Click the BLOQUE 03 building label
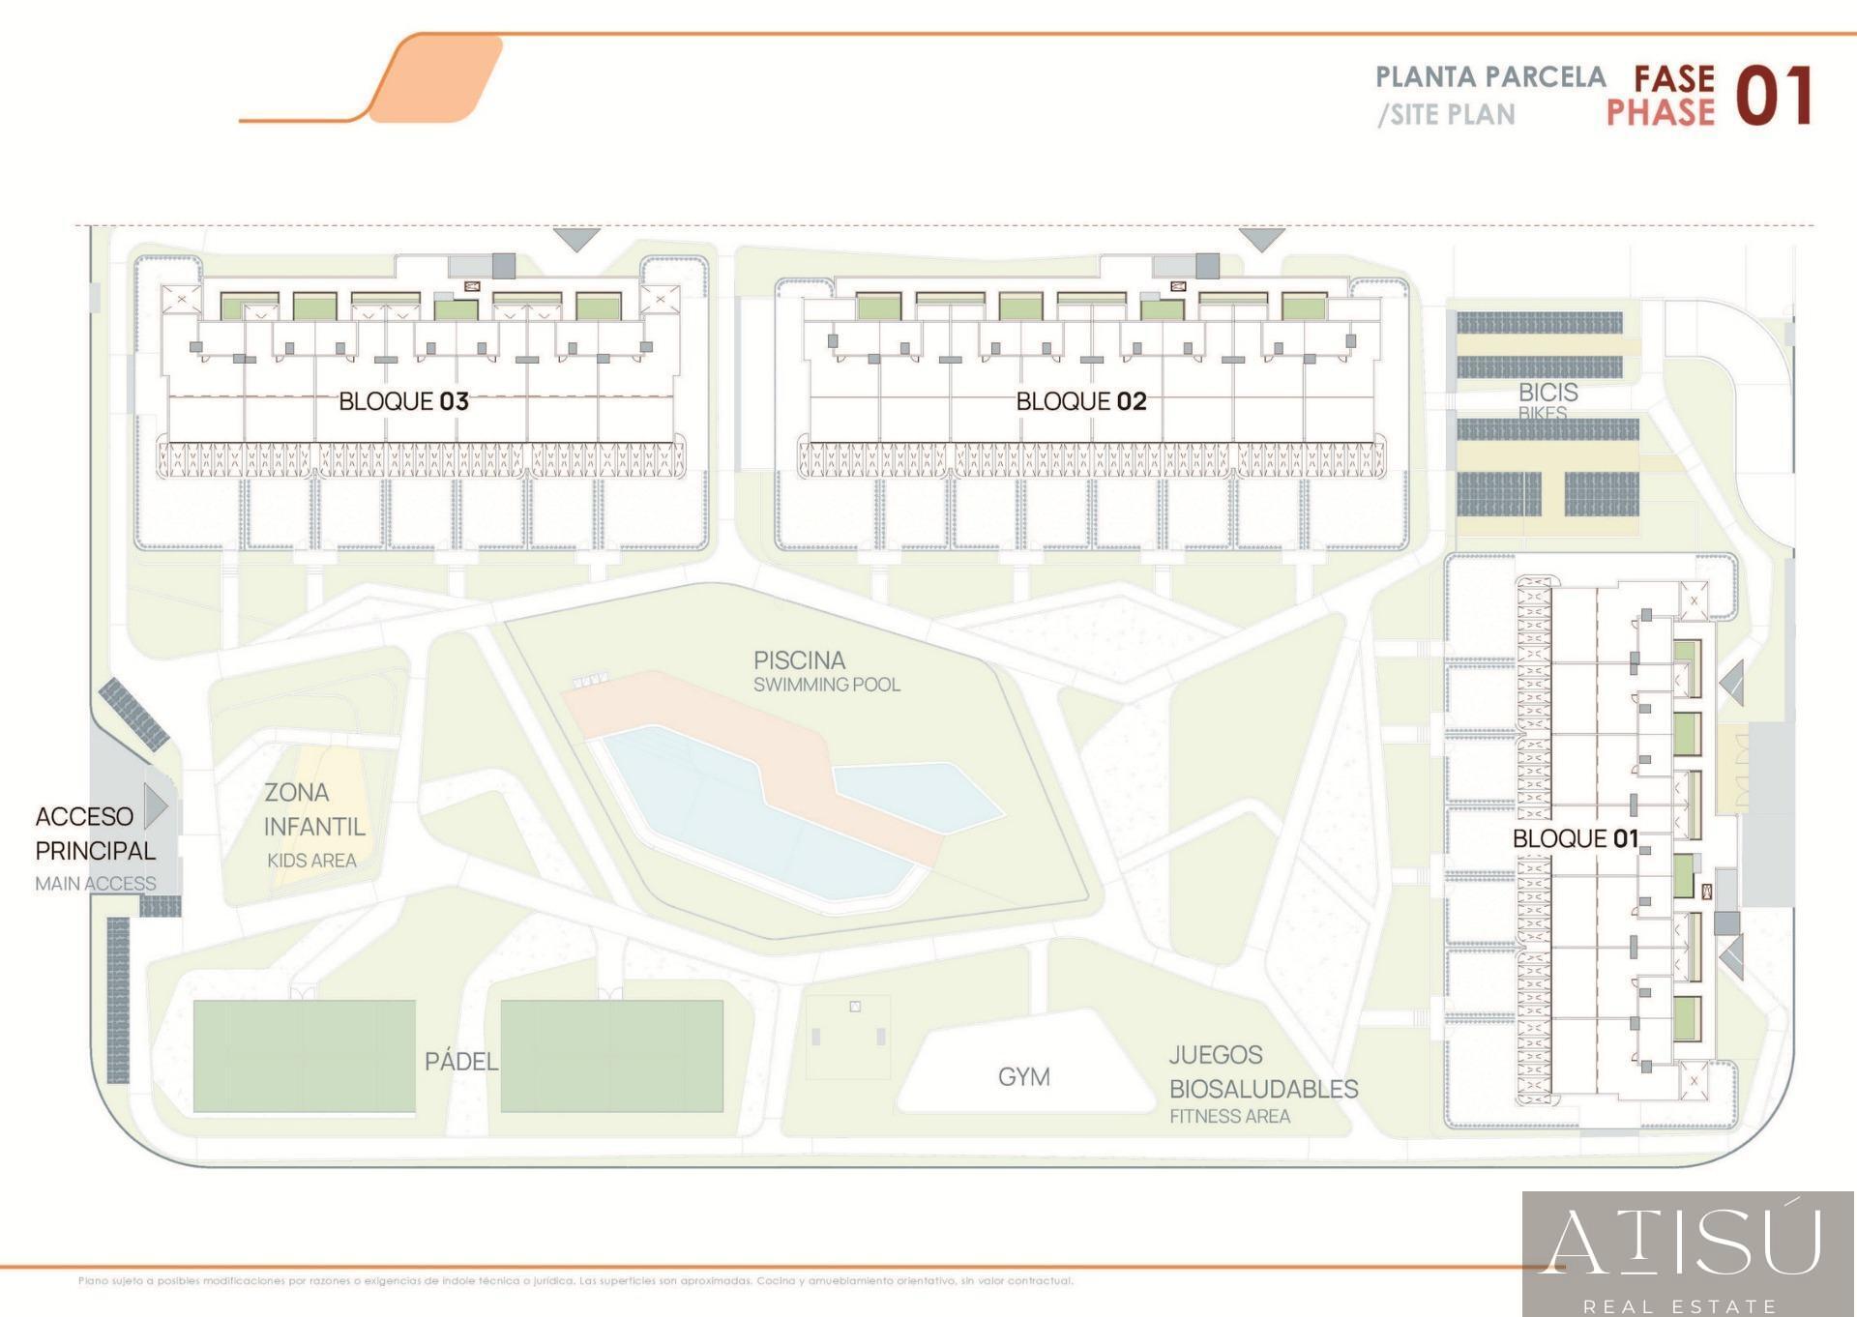(403, 401)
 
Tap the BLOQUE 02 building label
(1080, 401)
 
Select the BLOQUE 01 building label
(1575, 838)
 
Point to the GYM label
(1023, 1076)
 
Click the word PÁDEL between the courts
(461, 1062)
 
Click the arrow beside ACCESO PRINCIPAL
(156, 805)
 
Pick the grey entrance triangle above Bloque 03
(577, 238)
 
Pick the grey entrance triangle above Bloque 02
(1261, 238)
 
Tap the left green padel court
(304, 1056)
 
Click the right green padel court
(611, 1056)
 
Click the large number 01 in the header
(1773, 97)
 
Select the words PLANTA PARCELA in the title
(1489, 77)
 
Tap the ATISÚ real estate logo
(1688, 1253)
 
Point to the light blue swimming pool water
(716, 803)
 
